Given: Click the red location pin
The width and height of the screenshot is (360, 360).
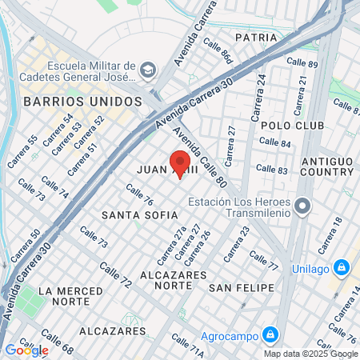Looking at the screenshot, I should coord(180,162).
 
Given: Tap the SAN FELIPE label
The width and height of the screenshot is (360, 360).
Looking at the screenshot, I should coord(241,287).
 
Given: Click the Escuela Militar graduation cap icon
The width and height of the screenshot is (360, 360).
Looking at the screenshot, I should coord(147,71).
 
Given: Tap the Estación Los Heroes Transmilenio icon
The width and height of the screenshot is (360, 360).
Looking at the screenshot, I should coord(302,207).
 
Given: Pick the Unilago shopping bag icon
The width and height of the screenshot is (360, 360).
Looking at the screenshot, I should coord(342,267).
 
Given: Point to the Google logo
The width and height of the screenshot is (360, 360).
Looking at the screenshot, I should coord(26,350).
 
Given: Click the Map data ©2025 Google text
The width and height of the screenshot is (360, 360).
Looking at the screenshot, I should coord(311,354).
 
